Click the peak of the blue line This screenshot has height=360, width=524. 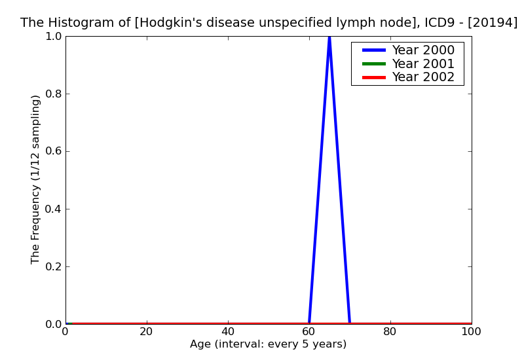329,37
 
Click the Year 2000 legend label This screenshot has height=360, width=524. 422,50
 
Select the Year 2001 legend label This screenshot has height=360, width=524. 422,63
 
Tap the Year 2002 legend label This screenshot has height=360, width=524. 422,77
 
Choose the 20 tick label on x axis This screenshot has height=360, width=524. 147,331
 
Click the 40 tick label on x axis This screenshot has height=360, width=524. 228,331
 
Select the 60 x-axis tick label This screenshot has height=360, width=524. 309,331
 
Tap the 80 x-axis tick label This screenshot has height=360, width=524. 390,331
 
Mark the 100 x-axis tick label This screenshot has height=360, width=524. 471,331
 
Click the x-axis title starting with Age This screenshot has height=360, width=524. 268,344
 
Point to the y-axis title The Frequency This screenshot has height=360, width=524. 36,179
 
